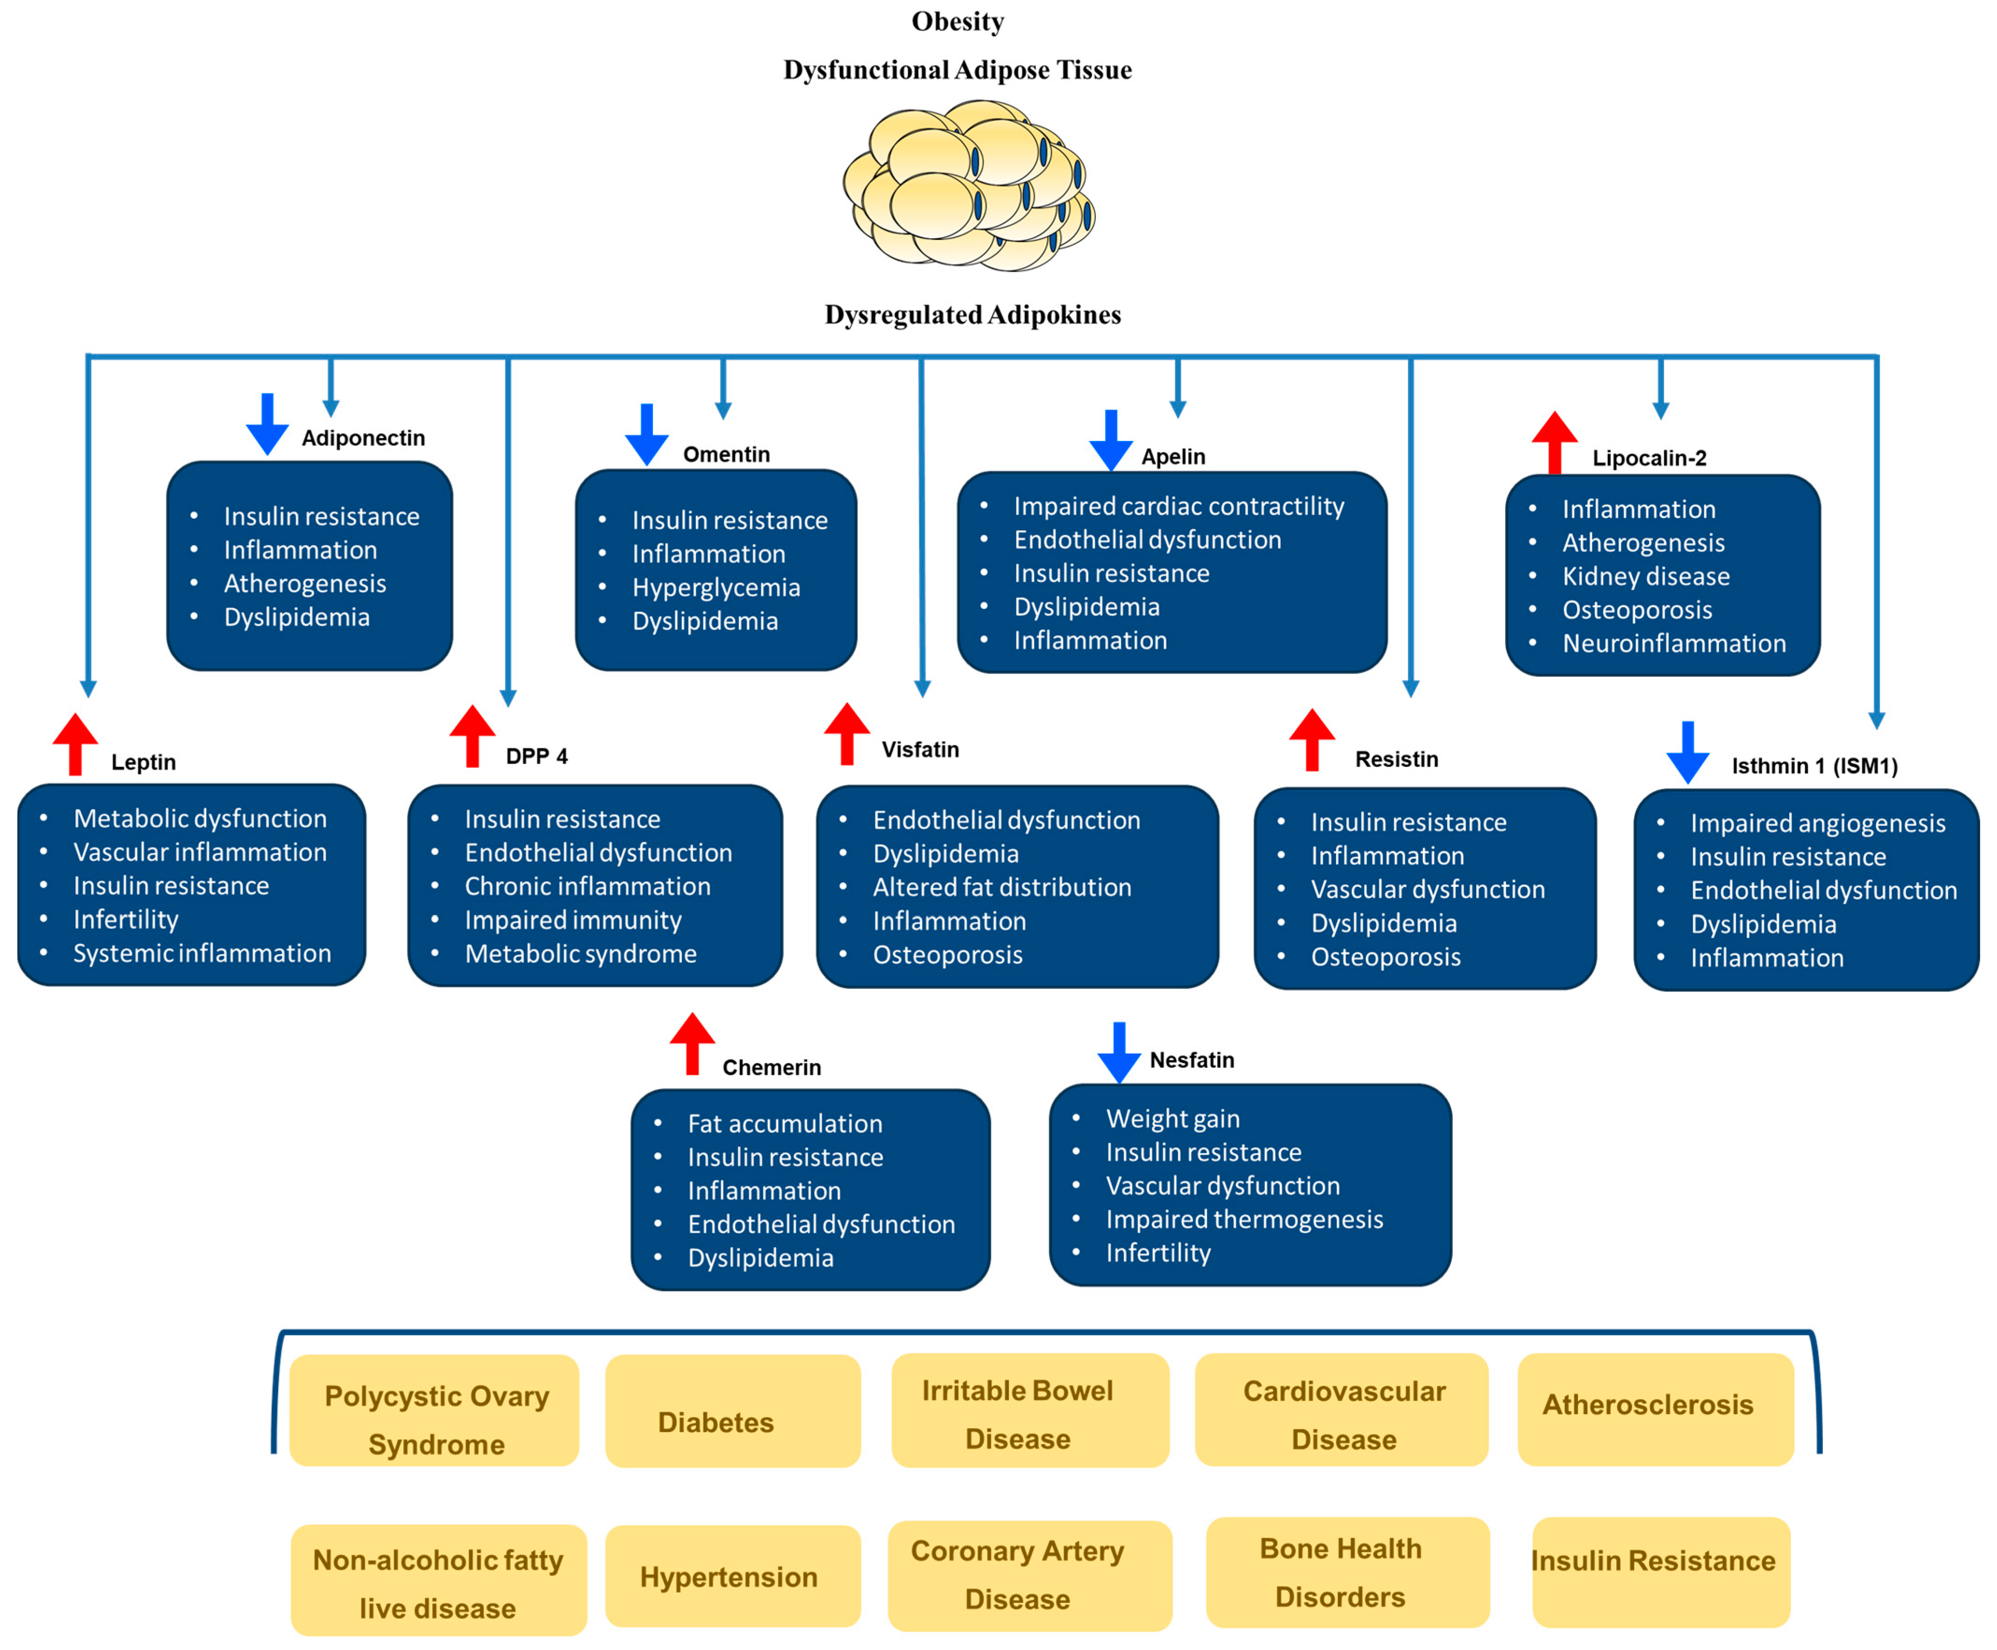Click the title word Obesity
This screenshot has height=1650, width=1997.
(957, 21)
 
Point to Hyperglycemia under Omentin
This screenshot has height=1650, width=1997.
(716, 588)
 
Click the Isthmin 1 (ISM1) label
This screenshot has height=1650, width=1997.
(1813, 766)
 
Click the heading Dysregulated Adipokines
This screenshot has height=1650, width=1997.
(973, 315)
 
